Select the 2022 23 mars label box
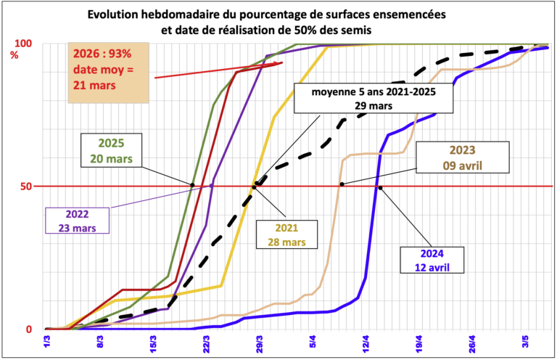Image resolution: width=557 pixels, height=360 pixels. [78, 220]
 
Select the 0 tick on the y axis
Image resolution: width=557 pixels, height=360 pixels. [29, 329]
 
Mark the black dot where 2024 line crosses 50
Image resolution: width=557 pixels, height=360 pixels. [380, 187]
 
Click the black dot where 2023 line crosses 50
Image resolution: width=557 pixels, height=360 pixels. [342, 184]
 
